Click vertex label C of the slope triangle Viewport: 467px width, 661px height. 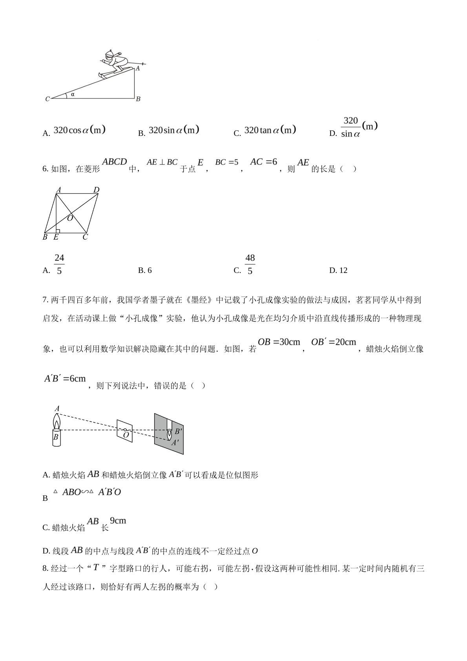pyautogui.click(x=47, y=99)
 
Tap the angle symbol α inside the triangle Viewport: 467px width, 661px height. pyautogui.click(x=73, y=94)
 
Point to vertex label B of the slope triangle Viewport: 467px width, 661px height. pyautogui.click(x=138, y=99)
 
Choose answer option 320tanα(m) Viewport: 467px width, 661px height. pyautogui.click(x=270, y=130)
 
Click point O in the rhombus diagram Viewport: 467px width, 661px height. pyautogui.click(x=70, y=218)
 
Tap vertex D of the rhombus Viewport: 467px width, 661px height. pyautogui.click(x=97, y=190)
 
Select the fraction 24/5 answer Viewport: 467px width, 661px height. pyautogui.click(x=59, y=264)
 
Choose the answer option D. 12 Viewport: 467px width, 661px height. pyautogui.click(x=338, y=270)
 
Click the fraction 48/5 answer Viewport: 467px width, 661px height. pyautogui.click(x=250, y=264)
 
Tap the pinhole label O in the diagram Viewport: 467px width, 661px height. pyautogui.click(x=126, y=435)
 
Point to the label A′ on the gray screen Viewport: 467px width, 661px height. pyautogui.click(x=175, y=443)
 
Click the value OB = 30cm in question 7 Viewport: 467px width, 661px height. pyautogui.click(x=279, y=342)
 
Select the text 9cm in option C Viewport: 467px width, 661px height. pyautogui.click(x=118, y=521)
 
